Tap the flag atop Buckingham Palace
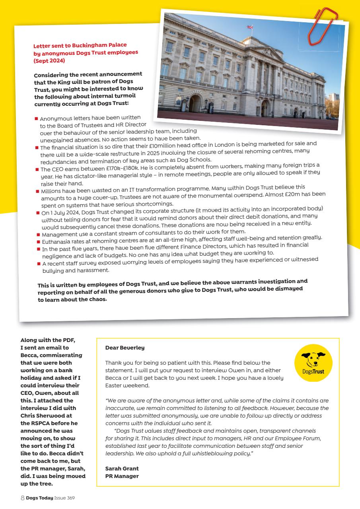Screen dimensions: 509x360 [x=250, y=27]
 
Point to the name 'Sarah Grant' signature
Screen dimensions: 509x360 [x=122, y=468]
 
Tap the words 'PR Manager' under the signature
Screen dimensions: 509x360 [x=122, y=476]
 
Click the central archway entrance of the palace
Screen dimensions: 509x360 [x=265, y=108]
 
